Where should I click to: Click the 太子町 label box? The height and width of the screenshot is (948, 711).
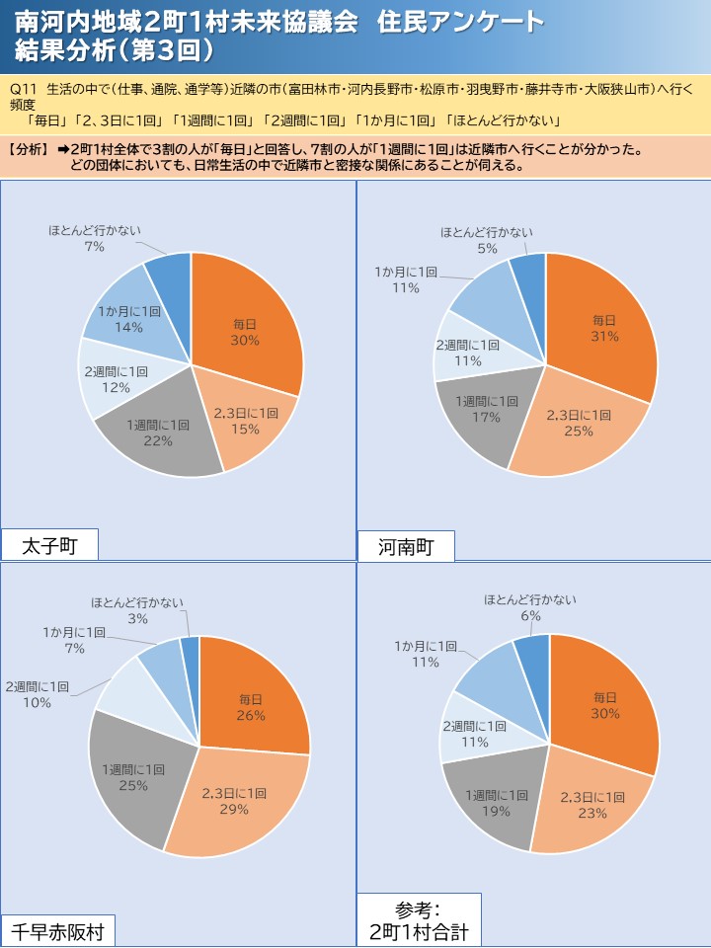pos(48,545)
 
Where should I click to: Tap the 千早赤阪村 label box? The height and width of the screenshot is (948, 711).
pos(58,931)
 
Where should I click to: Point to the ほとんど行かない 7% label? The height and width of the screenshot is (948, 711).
pos(95,238)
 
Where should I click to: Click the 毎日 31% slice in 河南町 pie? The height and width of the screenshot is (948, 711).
pos(604,327)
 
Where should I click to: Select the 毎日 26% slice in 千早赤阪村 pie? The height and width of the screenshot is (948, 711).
pos(251,707)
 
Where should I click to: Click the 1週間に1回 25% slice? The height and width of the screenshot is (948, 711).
pos(133,776)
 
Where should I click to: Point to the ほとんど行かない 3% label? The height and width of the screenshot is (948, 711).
pos(137,610)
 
